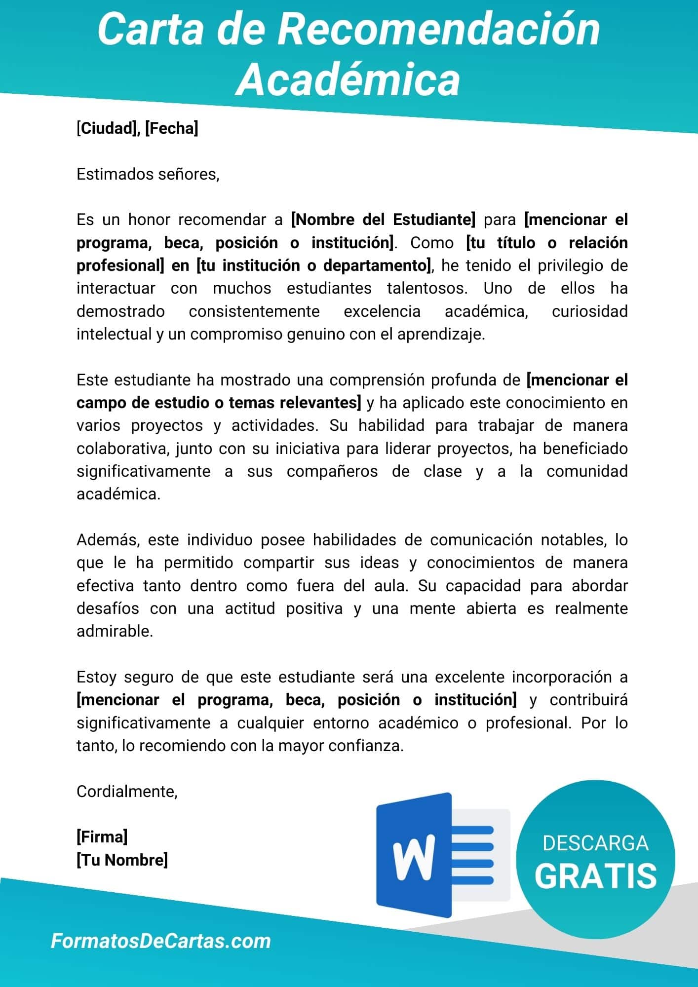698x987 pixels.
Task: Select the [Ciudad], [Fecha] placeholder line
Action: click(137, 128)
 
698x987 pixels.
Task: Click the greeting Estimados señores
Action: click(148, 174)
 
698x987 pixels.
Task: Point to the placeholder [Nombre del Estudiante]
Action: click(383, 220)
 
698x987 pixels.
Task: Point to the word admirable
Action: click(115, 631)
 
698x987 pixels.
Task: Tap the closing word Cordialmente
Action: click(127, 792)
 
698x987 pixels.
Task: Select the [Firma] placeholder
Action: click(102, 837)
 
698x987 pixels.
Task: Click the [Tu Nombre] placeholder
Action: click(122, 860)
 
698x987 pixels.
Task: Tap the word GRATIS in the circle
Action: click(595, 876)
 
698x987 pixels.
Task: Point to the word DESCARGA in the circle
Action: click(595, 843)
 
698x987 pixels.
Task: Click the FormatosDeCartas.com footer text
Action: click(161, 941)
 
